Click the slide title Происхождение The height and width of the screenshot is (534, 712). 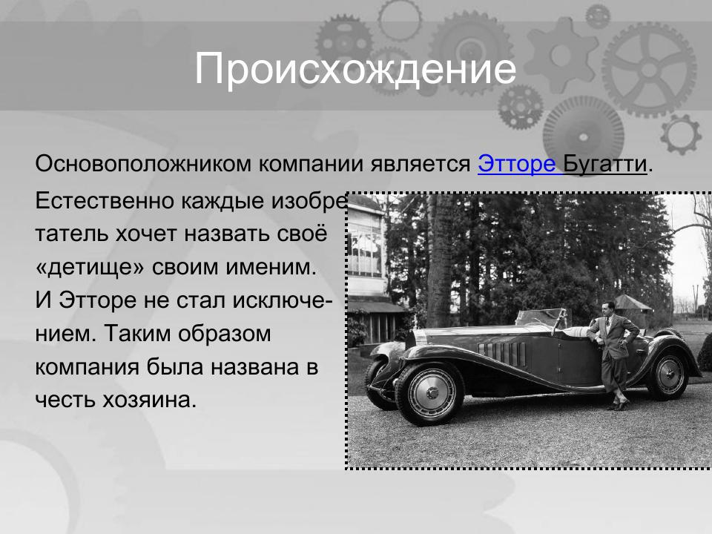(x=355, y=70)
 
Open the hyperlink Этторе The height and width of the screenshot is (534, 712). (x=516, y=164)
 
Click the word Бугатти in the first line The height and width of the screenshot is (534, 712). (x=605, y=164)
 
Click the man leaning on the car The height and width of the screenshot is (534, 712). (x=613, y=356)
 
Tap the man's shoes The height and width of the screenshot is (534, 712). (x=617, y=405)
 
